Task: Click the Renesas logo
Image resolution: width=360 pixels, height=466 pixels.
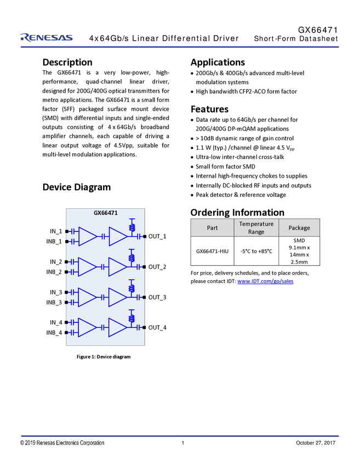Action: [x=46, y=37]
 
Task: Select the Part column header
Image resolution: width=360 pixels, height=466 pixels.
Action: [x=212, y=228]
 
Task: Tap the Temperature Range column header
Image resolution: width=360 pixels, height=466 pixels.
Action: [x=256, y=228]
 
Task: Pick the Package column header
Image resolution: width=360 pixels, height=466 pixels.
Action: [x=299, y=228]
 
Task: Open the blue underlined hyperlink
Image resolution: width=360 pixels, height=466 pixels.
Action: [x=266, y=281]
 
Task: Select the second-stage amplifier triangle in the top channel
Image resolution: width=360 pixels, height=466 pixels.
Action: [x=117, y=236]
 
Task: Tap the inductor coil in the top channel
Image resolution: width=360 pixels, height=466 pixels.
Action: [x=132, y=226]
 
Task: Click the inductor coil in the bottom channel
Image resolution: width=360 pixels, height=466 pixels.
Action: [x=132, y=317]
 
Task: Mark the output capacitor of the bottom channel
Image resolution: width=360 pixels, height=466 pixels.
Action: [x=139, y=327]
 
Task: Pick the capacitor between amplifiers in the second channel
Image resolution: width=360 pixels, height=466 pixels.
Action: [x=102, y=267]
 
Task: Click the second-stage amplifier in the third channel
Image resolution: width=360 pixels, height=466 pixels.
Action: [x=117, y=297]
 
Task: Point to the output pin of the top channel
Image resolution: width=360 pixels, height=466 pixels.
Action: [x=144, y=236]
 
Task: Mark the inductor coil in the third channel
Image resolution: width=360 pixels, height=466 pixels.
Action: [x=132, y=287]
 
